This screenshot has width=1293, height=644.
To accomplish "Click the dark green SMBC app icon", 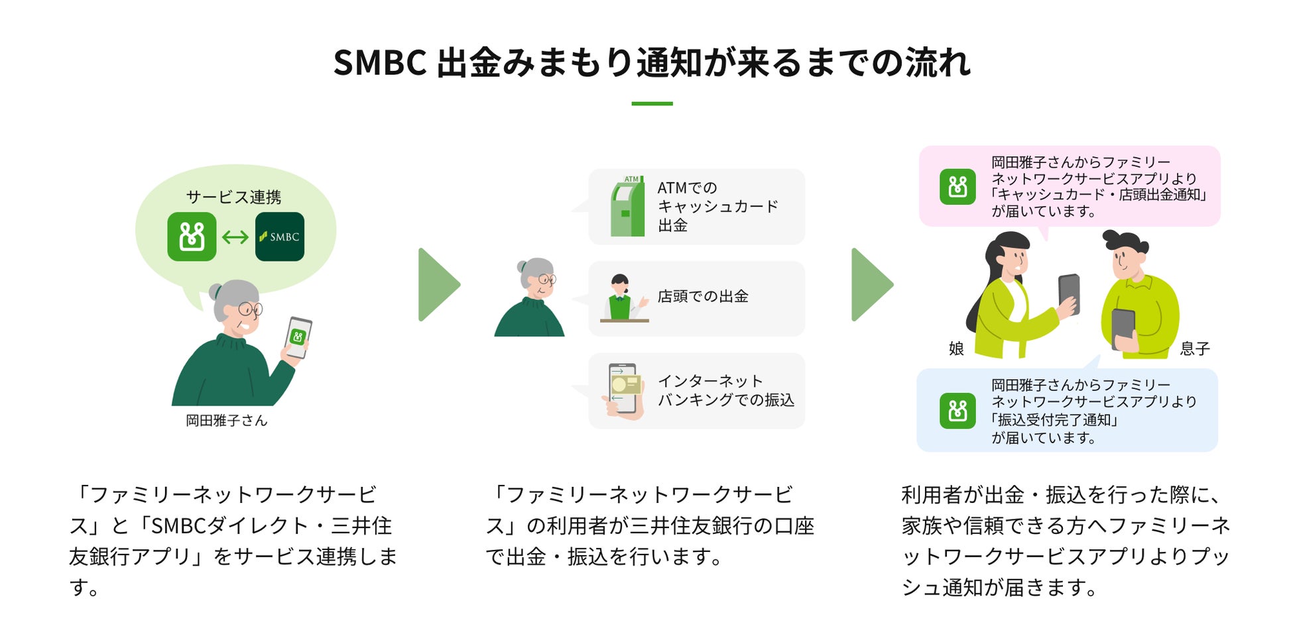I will (279, 237).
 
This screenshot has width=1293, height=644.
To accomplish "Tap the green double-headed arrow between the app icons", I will (235, 237).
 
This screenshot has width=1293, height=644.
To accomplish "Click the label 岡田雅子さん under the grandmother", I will (226, 421).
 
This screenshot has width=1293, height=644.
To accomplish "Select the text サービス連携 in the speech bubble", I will (233, 197).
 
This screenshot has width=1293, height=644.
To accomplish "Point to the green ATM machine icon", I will (627, 207).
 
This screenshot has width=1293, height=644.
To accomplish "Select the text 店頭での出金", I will (703, 296).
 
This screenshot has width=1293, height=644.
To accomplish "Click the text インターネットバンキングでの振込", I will (725, 390).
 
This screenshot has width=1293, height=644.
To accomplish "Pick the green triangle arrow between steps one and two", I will (438, 285).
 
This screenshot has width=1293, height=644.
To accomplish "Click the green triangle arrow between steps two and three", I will (871, 285).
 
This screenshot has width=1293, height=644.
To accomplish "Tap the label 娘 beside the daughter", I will (956, 349).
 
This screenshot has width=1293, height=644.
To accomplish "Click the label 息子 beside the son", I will (1195, 349).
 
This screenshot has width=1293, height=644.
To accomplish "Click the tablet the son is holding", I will (1123, 328).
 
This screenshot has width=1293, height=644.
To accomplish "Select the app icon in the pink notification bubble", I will (957, 187).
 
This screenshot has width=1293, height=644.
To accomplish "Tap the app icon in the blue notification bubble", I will (957, 411).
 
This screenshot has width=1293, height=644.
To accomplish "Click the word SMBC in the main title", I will (379, 63).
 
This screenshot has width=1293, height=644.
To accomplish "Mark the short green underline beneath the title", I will (652, 103).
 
